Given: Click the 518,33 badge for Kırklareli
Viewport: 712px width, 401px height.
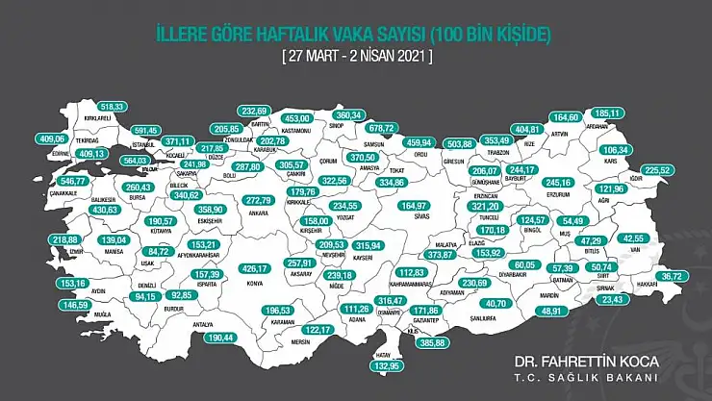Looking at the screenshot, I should click(114, 107).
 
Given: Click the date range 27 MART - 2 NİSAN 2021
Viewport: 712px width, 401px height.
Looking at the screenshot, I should click(357, 57).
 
